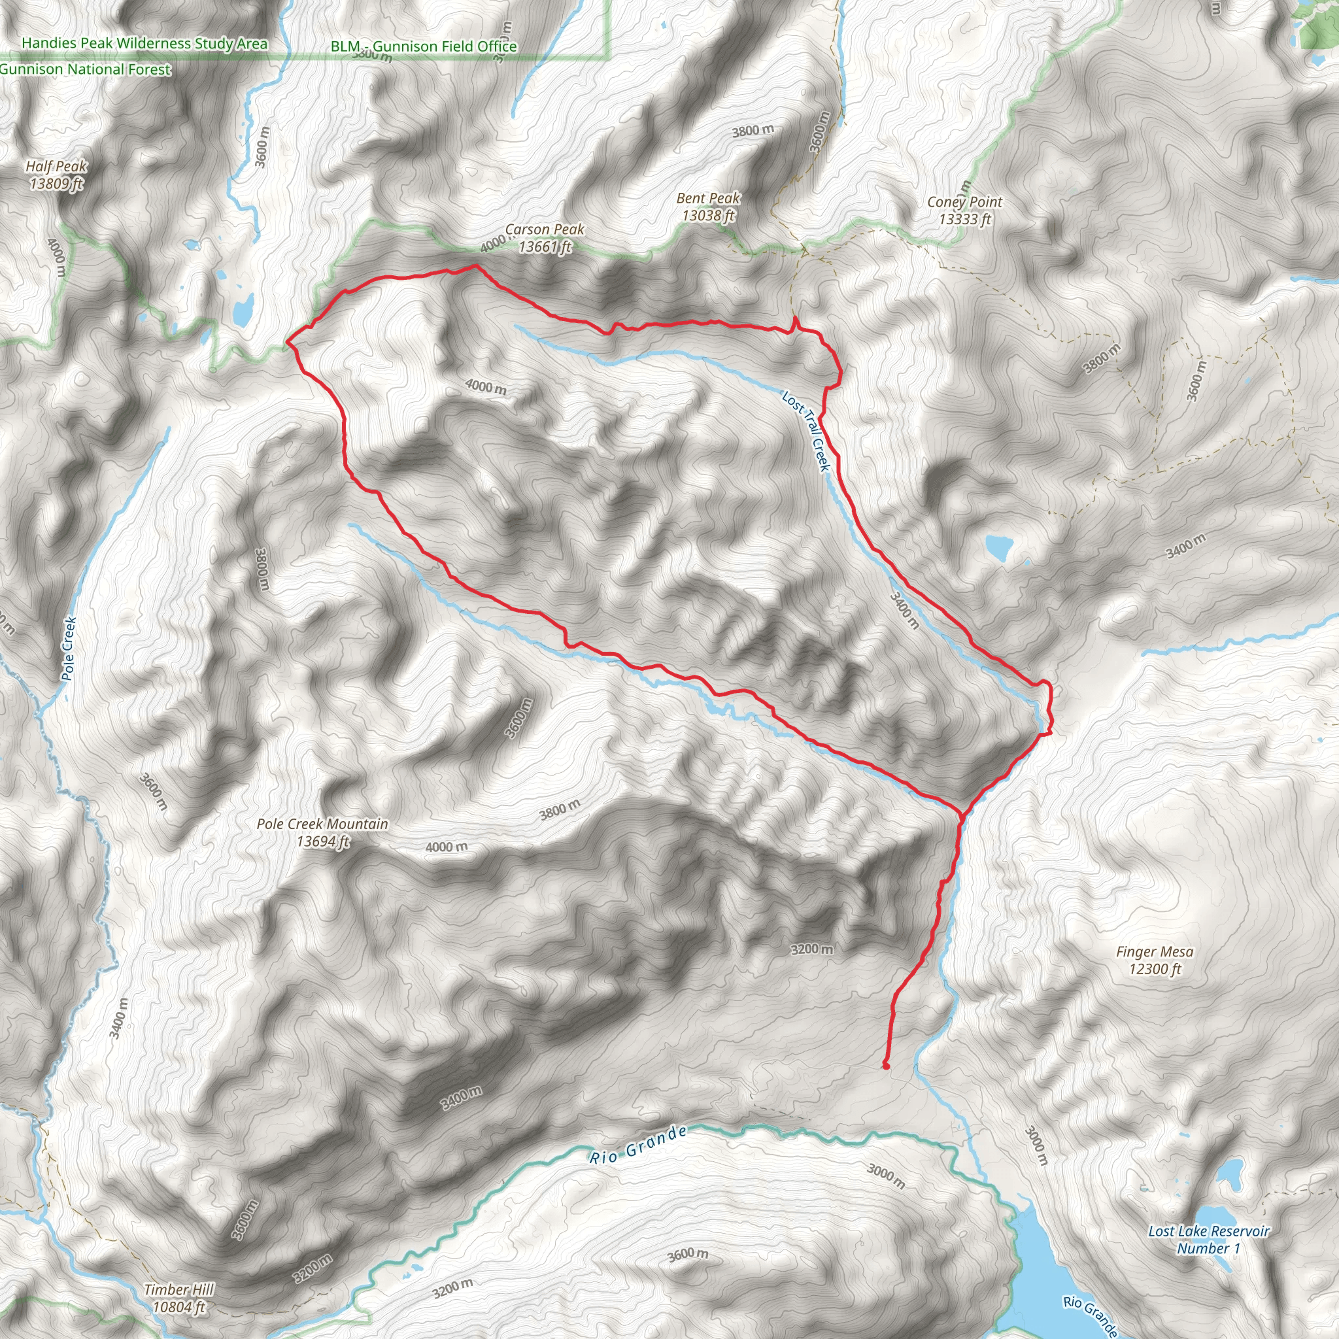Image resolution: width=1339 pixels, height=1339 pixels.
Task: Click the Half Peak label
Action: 56,166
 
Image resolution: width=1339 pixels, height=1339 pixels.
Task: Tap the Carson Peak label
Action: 545,229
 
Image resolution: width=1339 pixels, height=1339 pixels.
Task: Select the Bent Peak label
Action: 708,198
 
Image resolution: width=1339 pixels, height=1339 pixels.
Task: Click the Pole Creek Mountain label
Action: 322,824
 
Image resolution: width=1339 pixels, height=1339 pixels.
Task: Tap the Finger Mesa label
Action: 1155,951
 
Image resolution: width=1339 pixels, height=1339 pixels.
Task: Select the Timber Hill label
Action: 180,1290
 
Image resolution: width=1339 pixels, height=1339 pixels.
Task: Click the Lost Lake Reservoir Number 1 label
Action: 1209,1239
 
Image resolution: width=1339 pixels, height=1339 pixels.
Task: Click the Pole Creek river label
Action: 68,649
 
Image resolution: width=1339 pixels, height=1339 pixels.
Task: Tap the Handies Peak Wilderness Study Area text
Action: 144,43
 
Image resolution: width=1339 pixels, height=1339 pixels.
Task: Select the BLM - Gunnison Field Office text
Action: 424,46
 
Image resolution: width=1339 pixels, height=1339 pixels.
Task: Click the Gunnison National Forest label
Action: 84,69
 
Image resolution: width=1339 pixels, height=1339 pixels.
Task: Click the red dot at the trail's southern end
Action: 886,1066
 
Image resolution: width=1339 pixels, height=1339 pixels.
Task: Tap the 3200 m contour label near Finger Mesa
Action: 812,949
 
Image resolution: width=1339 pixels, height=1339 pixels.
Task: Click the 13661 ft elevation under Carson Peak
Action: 545,246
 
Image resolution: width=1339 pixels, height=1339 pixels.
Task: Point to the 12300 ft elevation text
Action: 1155,969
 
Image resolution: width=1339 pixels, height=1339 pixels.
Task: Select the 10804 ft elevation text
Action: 180,1308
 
